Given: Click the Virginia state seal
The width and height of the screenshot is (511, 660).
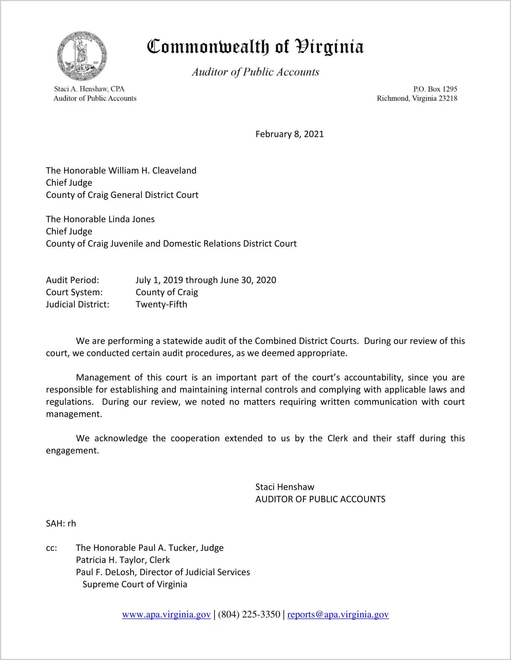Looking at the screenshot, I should click(x=82, y=56).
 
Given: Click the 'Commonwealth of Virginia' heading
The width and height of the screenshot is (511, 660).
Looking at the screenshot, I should click(x=255, y=47).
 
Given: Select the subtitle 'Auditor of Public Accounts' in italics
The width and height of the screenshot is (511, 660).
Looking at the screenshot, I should click(x=255, y=72).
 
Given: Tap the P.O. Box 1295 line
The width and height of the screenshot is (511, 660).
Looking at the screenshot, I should click(x=435, y=89).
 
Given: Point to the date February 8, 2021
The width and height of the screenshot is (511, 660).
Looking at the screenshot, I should click(x=289, y=134).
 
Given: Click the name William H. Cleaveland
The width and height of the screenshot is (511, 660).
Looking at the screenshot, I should click(x=152, y=171).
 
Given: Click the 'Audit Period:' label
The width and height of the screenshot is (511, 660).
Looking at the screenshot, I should click(x=73, y=280).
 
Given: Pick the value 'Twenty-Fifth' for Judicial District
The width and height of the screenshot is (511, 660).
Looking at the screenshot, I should click(x=161, y=305).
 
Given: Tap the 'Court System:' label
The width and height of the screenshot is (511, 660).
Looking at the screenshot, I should click(x=74, y=293).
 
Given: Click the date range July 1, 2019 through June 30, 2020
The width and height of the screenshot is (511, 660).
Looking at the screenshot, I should click(x=206, y=280).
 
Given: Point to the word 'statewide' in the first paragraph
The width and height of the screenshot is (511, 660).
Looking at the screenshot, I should click(x=183, y=341).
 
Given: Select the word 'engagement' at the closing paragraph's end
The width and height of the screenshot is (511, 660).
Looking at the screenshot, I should click(x=71, y=451).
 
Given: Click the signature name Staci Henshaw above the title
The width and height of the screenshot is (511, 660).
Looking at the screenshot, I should click(x=285, y=487).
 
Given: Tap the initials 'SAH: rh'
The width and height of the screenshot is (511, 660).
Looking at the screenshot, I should click(x=61, y=524).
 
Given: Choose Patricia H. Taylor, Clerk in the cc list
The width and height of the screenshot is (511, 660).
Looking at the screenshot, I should click(x=123, y=560).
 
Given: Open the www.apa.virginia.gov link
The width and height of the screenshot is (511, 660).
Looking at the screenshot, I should click(x=166, y=615).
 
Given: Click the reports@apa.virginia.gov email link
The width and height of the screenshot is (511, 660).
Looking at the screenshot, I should click(x=338, y=615).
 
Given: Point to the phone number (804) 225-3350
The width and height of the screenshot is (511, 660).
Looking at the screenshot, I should click(x=249, y=615).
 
